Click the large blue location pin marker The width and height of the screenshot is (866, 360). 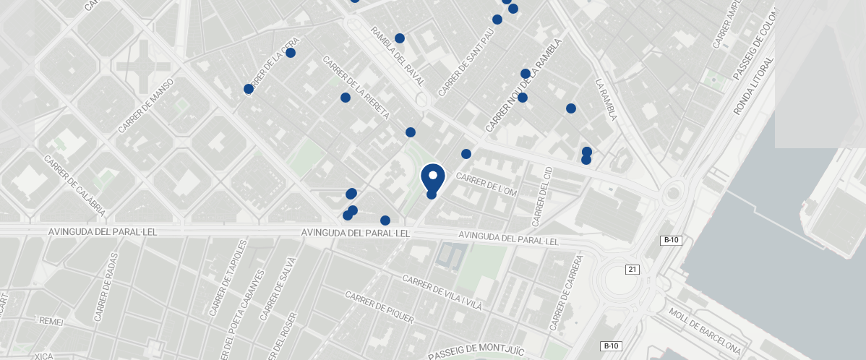tap(432, 176)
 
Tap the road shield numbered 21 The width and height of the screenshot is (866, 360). tap(633, 270)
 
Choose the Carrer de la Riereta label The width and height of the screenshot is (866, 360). tap(356, 87)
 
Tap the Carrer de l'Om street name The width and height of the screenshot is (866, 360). tap(487, 186)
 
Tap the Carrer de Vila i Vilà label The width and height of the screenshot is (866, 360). tap(442, 293)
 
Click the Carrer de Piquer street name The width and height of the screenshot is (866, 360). tap(379, 307)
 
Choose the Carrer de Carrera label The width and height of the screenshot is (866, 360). tap(567, 292)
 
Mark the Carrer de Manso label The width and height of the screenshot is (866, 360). tap(147, 106)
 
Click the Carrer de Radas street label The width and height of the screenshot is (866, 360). tap(106, 291)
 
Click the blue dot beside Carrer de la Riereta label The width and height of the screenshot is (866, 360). tap(346, 98)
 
